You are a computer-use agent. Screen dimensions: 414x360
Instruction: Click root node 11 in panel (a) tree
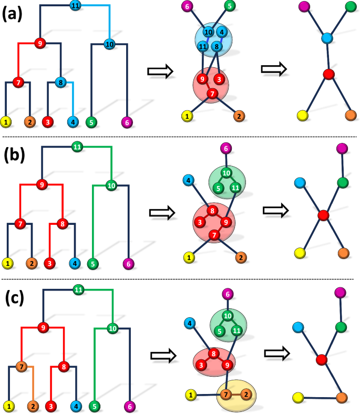(75, 6)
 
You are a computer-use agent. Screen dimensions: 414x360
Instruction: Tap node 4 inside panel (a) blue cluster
(222, 32)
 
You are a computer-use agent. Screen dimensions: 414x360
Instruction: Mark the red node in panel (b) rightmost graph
(323, 215)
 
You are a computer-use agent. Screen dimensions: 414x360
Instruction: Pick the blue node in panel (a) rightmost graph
(327, 38)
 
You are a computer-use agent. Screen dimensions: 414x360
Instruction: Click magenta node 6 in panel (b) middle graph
(225, 149)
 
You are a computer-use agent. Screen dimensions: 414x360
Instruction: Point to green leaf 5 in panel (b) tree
(92, 262)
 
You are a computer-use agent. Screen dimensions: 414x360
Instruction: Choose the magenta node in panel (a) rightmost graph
(303, 7)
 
